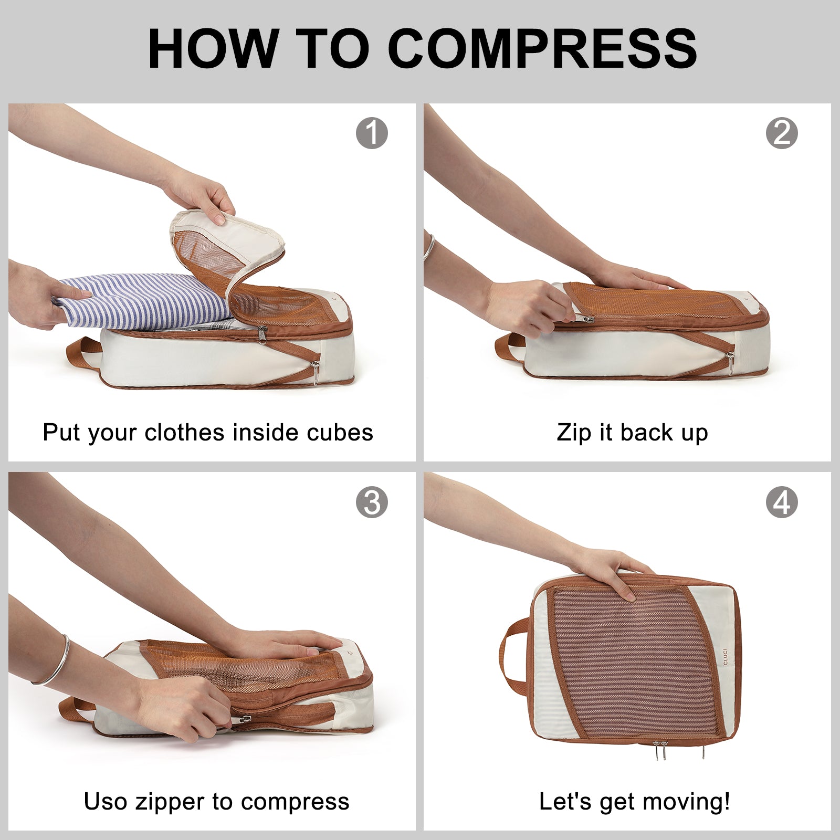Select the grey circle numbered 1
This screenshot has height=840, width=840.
(x=372, y=133)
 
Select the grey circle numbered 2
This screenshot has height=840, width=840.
(x=782, y=133)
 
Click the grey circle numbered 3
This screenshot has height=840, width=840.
(x=372, y=502)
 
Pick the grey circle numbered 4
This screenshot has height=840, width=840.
(x=782, y=502)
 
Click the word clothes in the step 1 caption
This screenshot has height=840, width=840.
(x=185, y=433)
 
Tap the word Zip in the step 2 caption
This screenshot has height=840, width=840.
(x=573, y=433)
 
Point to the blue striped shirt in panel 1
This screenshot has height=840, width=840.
(x=142, y=304)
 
